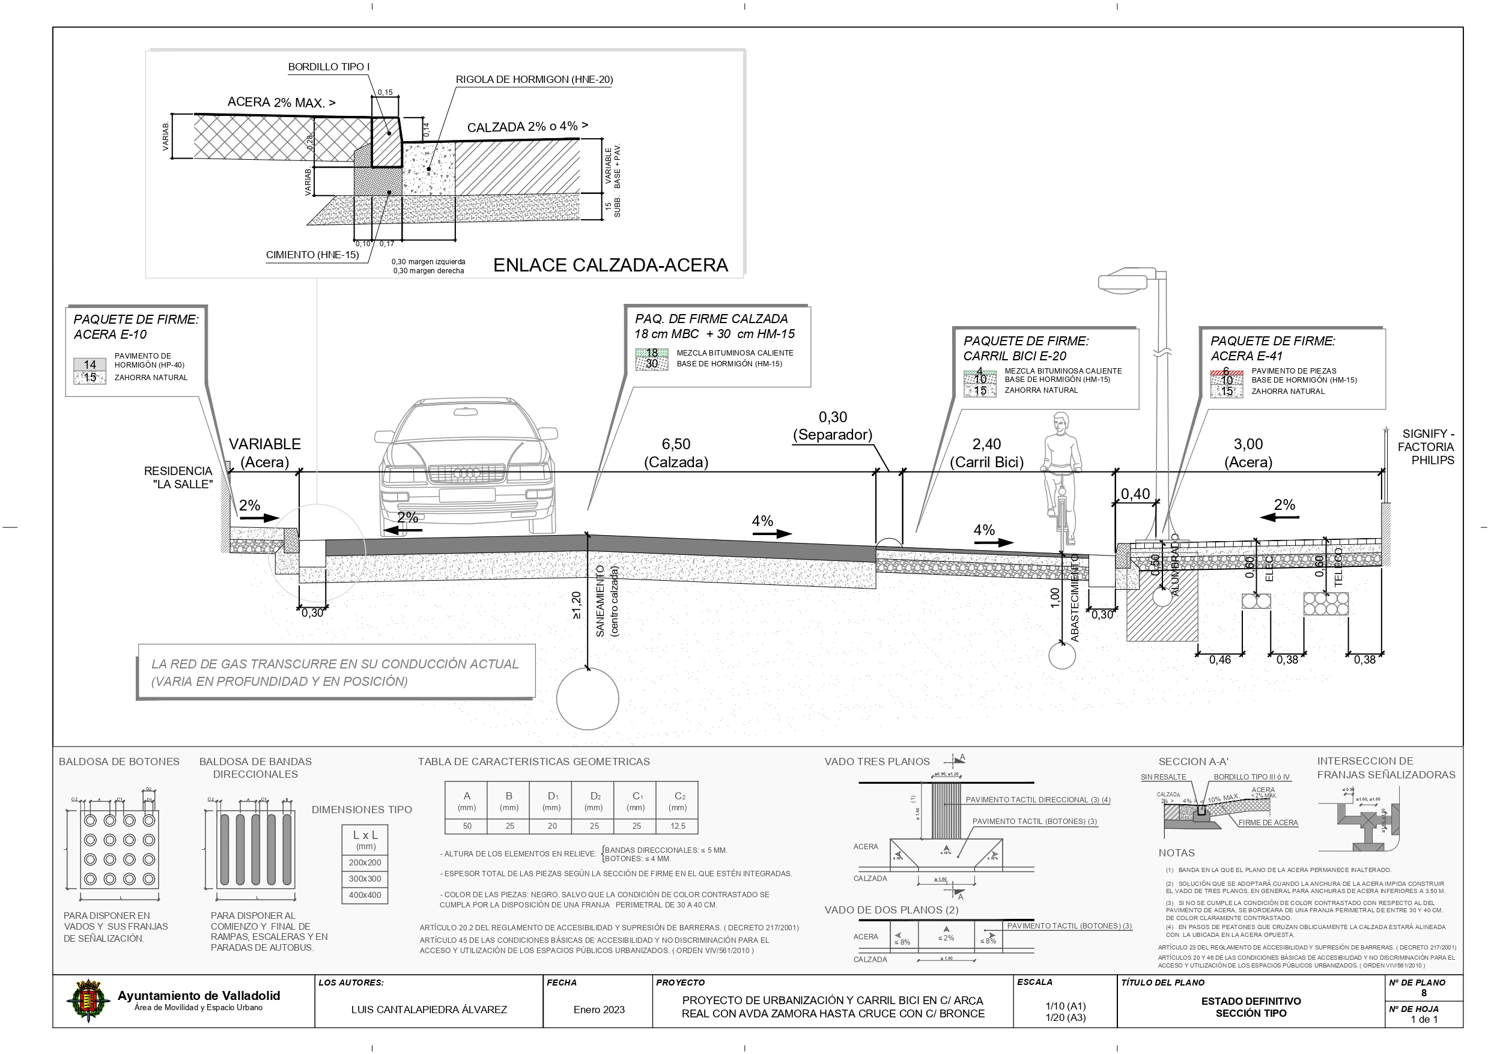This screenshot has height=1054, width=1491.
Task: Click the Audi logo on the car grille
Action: [466, 473]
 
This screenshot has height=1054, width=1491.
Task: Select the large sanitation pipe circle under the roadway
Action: [587, 699]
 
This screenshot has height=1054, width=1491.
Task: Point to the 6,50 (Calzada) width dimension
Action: [675, 453]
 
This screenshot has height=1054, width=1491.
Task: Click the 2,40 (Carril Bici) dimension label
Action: [986, 453]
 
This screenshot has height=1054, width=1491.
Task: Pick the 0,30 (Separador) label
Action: [833, 426]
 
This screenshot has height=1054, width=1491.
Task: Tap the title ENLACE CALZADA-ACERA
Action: [610, 265]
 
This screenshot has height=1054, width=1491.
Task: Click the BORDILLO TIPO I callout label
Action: [329, 67]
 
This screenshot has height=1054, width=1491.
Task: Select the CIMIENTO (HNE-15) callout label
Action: [312, 255]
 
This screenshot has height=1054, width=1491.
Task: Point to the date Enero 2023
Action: [599, 1009]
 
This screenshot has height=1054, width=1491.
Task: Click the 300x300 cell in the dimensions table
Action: [365, 879]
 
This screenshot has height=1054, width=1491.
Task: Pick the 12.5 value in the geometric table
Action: [677, 826]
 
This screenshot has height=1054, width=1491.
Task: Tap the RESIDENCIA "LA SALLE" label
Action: [178, 477]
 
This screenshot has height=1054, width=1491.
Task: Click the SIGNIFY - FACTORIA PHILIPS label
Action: [1426, 447]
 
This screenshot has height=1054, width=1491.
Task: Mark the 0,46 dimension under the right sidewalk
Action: [1219, 660]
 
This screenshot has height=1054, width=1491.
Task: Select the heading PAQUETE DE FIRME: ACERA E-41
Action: [1272, 348]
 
